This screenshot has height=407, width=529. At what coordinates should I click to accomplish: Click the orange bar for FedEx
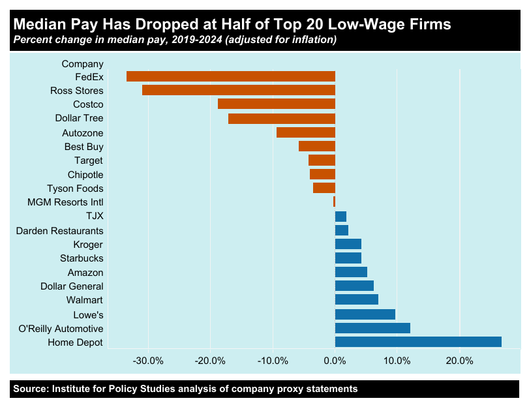(x=230, y=76)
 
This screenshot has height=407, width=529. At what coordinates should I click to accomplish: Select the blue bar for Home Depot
(x=417, y=342)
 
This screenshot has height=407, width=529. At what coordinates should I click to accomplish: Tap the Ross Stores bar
(x=238, y=90)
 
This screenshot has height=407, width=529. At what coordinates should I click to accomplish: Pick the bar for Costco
(x=276, y=104)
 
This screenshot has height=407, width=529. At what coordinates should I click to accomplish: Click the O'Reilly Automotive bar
(x=372, y=328)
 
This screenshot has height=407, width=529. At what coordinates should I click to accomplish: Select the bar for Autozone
(x=305, y=132)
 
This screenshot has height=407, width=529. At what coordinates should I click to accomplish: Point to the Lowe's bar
(x=365, y=314)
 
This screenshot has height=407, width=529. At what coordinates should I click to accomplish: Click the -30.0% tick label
(x=147, y=361)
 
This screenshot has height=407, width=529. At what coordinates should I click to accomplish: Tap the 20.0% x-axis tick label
(x=459, y=361)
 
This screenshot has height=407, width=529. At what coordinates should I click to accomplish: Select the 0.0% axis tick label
(x=335, y=361)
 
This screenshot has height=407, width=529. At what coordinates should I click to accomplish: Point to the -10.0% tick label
(x=272, y=361)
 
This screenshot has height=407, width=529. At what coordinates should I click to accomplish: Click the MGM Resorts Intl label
(x=65, y=202)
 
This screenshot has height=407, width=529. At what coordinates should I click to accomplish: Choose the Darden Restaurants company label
(x=59, y=230)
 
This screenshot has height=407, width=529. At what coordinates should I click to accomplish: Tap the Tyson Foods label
(x=75, y=188)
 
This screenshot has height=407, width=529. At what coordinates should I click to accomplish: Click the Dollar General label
(x=72, y=286)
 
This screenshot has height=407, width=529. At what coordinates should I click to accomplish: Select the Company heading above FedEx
(x=82, y=63)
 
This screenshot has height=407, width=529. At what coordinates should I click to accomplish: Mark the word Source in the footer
(x=31, y=389)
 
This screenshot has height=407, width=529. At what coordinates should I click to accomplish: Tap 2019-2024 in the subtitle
(x=190, y=40)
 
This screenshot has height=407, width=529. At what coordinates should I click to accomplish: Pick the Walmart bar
(x=356, y=300)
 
